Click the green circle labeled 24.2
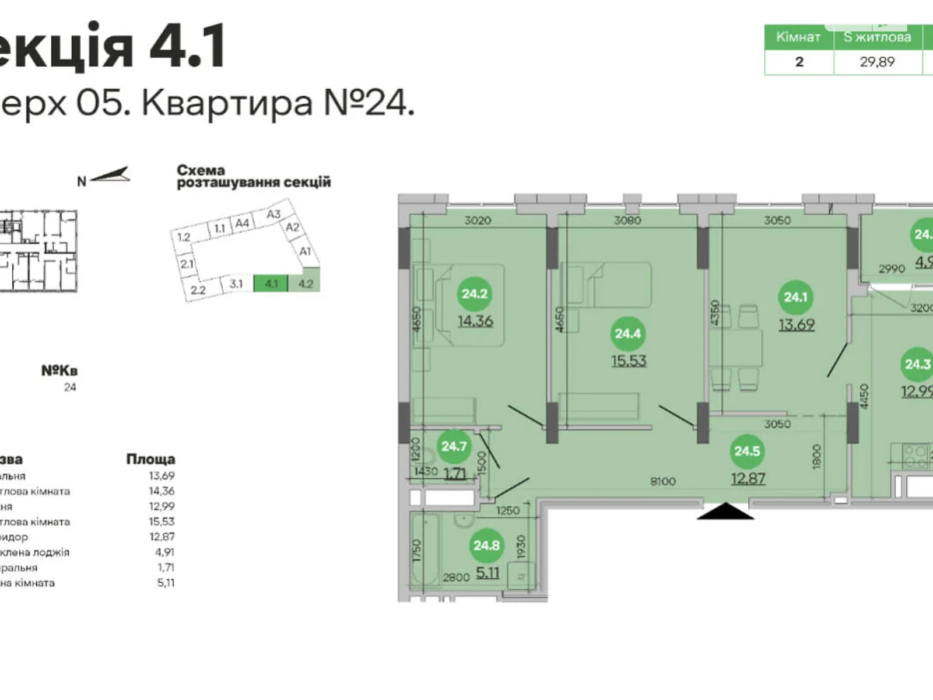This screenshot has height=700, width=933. (x=475, y=294)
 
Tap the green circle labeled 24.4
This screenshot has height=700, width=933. (x=627, y=334)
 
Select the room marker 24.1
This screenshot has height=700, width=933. (x=795, y=297)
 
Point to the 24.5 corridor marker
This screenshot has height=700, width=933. (x=747, y=452)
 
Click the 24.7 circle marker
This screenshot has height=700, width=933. (x=454, y=447)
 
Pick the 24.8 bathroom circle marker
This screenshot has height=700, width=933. (x=486, y=546)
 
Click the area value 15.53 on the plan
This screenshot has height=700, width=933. (x=629, y=361)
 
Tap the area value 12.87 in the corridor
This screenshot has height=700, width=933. (x=748, y=479)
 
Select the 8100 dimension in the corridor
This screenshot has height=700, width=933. (x=663, y=481)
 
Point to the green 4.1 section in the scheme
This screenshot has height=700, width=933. (x=271, y=284)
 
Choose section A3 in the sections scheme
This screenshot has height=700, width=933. (x=273, y=214)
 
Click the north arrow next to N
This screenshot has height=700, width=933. (x=111, y=174)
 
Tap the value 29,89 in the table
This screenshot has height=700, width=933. (x=877, y=62)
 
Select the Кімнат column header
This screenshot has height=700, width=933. (x=798, y=37)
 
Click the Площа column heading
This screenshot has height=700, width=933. (x=150, y=459)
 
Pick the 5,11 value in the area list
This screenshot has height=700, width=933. (x=166, y=583)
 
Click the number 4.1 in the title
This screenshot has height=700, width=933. (x=188, y=46)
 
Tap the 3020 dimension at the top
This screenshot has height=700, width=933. (x=478, y=220)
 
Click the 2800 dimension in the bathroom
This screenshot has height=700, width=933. (x=456, y=577)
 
